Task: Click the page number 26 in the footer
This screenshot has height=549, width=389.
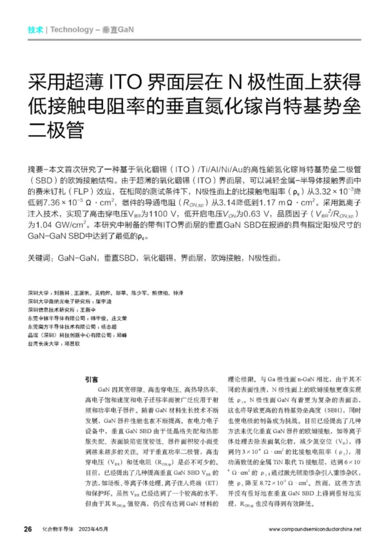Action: click(x=27, y=529)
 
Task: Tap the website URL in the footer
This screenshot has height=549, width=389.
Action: click(x=315, y=529)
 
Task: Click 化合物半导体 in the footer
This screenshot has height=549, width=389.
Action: click(x=57, y=529)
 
